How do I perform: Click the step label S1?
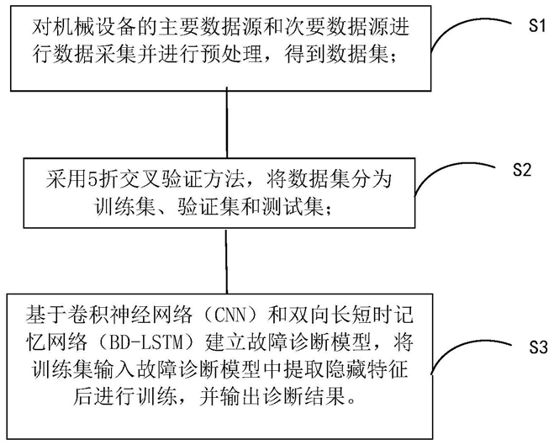point(537,25)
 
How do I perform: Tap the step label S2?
point(522,170)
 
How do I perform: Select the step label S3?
point(538,347)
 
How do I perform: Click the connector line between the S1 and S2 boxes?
point(226,124)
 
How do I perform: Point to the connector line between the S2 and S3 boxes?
point(226,261)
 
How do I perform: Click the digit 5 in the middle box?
point(92,180)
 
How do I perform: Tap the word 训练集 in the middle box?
point(124,207)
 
